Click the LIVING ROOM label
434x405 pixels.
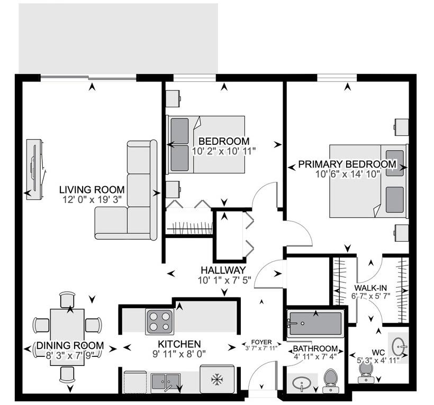click(x=92, y=189)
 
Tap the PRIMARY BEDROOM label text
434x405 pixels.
click(x=347, y=164)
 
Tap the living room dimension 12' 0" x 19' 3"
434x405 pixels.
click(x=92, y=199)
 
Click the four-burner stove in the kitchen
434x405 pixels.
click(x=160, y=320)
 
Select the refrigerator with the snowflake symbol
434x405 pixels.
click(x=216, y=380)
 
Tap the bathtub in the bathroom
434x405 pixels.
click(x=315, y=321)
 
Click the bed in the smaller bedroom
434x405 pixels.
click(x=206, y=144)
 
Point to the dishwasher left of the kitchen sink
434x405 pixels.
click(x=134, y=381)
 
